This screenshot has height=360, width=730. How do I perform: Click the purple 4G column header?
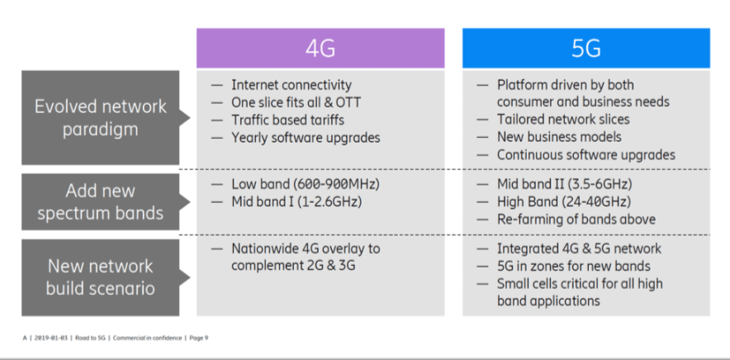pos(320,49)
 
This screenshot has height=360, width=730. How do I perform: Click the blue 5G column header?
pos(586,49)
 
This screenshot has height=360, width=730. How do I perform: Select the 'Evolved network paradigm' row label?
pos(101,118)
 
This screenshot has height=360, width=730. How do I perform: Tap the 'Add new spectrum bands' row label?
pos(101,202)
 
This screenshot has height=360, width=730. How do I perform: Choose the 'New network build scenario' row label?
pos(101,277)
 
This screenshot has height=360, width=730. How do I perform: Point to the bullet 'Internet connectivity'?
pos(292,85)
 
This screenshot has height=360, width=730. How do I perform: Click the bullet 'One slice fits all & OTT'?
pos(296,102)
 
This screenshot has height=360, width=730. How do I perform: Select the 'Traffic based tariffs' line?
pos(287,121)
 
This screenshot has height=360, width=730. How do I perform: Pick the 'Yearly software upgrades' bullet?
pos(306,138)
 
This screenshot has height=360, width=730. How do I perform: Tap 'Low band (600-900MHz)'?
pos(306,184)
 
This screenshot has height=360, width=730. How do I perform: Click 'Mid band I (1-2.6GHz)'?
pos(296,201)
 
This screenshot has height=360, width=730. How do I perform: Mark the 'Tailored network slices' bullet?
pos(563,119)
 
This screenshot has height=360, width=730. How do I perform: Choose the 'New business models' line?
pos(559,137)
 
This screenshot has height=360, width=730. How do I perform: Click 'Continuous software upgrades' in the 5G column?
pos(586,154)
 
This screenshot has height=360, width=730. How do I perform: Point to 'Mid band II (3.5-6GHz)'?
pos(564,184)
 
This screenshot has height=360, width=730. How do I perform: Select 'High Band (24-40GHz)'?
pos(564,201)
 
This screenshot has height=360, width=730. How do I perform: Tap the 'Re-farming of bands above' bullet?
pos(576,220)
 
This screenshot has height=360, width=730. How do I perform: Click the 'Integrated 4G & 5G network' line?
pos(579,249)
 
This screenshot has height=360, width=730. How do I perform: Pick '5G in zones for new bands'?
pos(574,267)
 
